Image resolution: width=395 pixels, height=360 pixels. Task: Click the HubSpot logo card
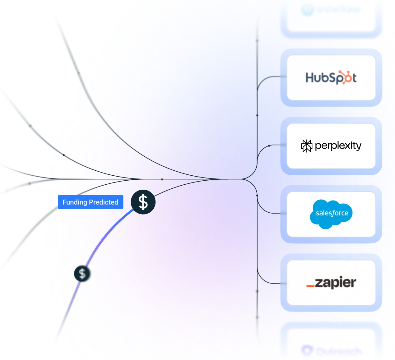pyautogui.click(x=331, y=78)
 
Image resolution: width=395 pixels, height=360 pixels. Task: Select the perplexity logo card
pyautogui.click(x=331, y=146)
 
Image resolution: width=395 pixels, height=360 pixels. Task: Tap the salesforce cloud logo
pyautogui.click(x=332, y=214)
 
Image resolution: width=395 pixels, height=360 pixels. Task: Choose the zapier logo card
pyautogui.click(x=331, y=283)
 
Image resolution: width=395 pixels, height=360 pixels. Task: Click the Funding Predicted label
pyautogui.click(x=91, y=202)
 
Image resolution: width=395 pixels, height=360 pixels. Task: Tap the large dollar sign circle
pyautogui.click(x=143, y=202)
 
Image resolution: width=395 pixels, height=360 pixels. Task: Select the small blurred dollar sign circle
pyautogui.click(x=82, y=274)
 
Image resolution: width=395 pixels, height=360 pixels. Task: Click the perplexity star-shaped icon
pyautogui.click(x=307, y=146)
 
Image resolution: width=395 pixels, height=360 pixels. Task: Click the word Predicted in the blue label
pyautogui.click(x=104, y=202)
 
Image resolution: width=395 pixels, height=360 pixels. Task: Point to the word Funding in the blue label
pyautogui.click(x=75, y=202)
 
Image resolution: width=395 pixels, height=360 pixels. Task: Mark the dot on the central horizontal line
pyautogui.click(x=162, y=179)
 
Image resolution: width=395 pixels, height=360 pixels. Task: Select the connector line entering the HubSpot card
pyautogui.click(x=271, y=76)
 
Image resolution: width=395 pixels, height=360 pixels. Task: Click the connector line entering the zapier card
pyautogui.click(x=271, y=283)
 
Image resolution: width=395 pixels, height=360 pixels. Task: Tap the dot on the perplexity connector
pyautogui.click(x=269, y=146)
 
